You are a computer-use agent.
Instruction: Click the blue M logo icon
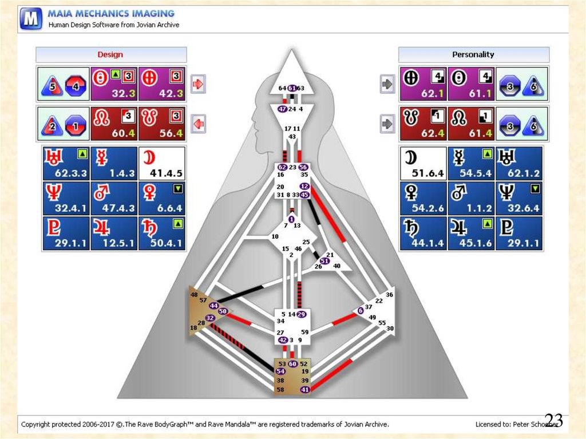pos(31,18)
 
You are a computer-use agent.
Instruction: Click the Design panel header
pos(111,55)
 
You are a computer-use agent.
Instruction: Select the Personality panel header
pos(473,55)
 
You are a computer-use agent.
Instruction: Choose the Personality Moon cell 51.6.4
pos(422,164)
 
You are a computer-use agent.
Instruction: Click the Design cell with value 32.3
pos(114,84)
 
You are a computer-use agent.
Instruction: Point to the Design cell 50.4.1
pos(161,234)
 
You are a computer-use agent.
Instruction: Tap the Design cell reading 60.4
pos(114,124)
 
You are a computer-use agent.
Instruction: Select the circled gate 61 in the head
pos(292,88)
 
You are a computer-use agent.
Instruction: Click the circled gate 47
pos(282,109)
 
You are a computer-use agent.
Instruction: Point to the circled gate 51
pos(324,261)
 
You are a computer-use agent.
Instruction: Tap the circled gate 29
pos(302,314)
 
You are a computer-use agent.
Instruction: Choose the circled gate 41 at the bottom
pos(305,390)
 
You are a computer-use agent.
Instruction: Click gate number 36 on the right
pos(389,295)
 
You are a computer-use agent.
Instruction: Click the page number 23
pos(553,421)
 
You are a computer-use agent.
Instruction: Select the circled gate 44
pos(214,306)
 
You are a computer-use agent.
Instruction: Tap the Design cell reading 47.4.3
pos(114,199)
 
